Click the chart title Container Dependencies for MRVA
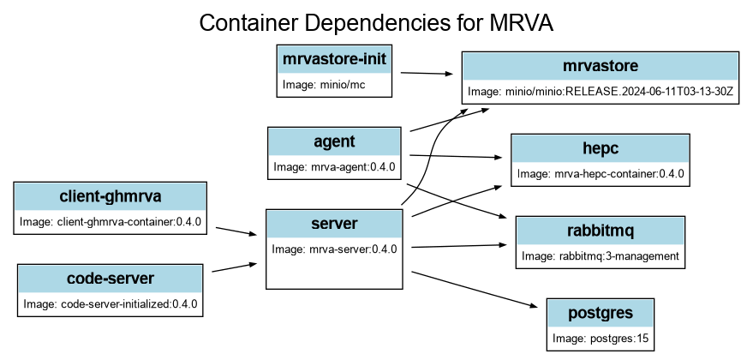click(x=376, y=23)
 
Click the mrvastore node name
click(x=601, y=66)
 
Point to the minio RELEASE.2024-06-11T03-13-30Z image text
click(x=601, y=92)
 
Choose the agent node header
click(x=334, y=141)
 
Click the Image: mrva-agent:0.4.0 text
click(x=334, y=166)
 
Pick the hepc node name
click(x=600, y=148)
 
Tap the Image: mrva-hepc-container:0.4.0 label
click(x=601, y=174)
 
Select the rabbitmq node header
click(x=600, y=230)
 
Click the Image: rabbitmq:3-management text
click(x=601, y=255)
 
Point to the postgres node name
click(x=601, y=313)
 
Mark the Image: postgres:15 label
click(x=601, y=339)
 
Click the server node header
click(x=334, y=224)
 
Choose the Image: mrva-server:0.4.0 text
click(x=334, y=249)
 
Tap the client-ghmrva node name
click(x=111, y=196)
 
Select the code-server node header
click(x=111, y=278)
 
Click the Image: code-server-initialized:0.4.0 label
click(x=111, y=303)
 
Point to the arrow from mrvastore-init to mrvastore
click(x=427, y=75)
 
